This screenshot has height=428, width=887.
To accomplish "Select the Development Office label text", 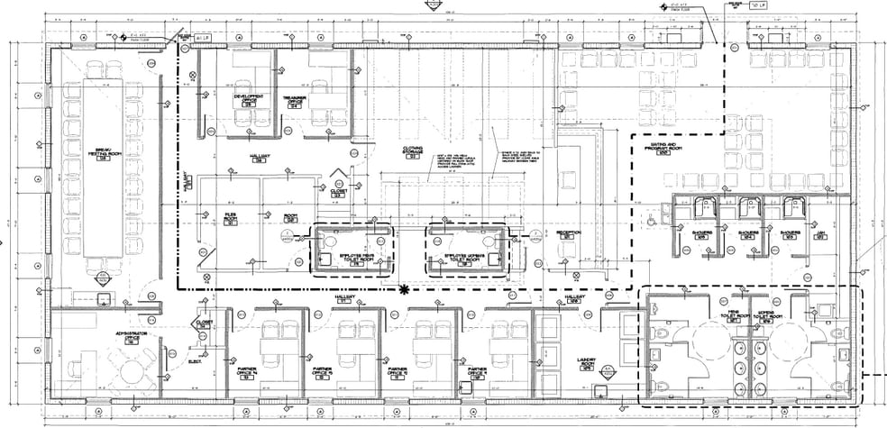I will (x=249, y=98).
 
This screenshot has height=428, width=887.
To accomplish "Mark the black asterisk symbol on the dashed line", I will (x=405, y=289).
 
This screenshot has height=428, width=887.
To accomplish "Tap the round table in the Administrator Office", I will (x=134, y=371).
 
